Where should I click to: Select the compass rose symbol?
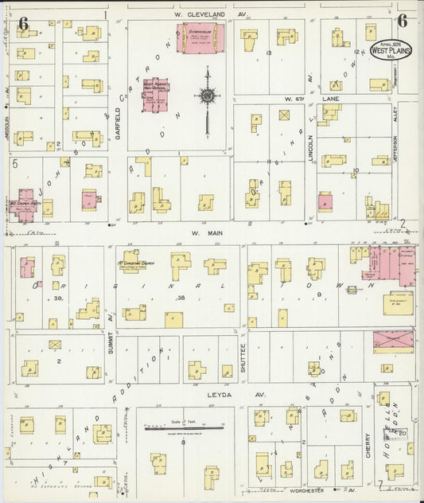207,96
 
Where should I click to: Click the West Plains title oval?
386,49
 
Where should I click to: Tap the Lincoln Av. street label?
311,146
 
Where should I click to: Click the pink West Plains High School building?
150,95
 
